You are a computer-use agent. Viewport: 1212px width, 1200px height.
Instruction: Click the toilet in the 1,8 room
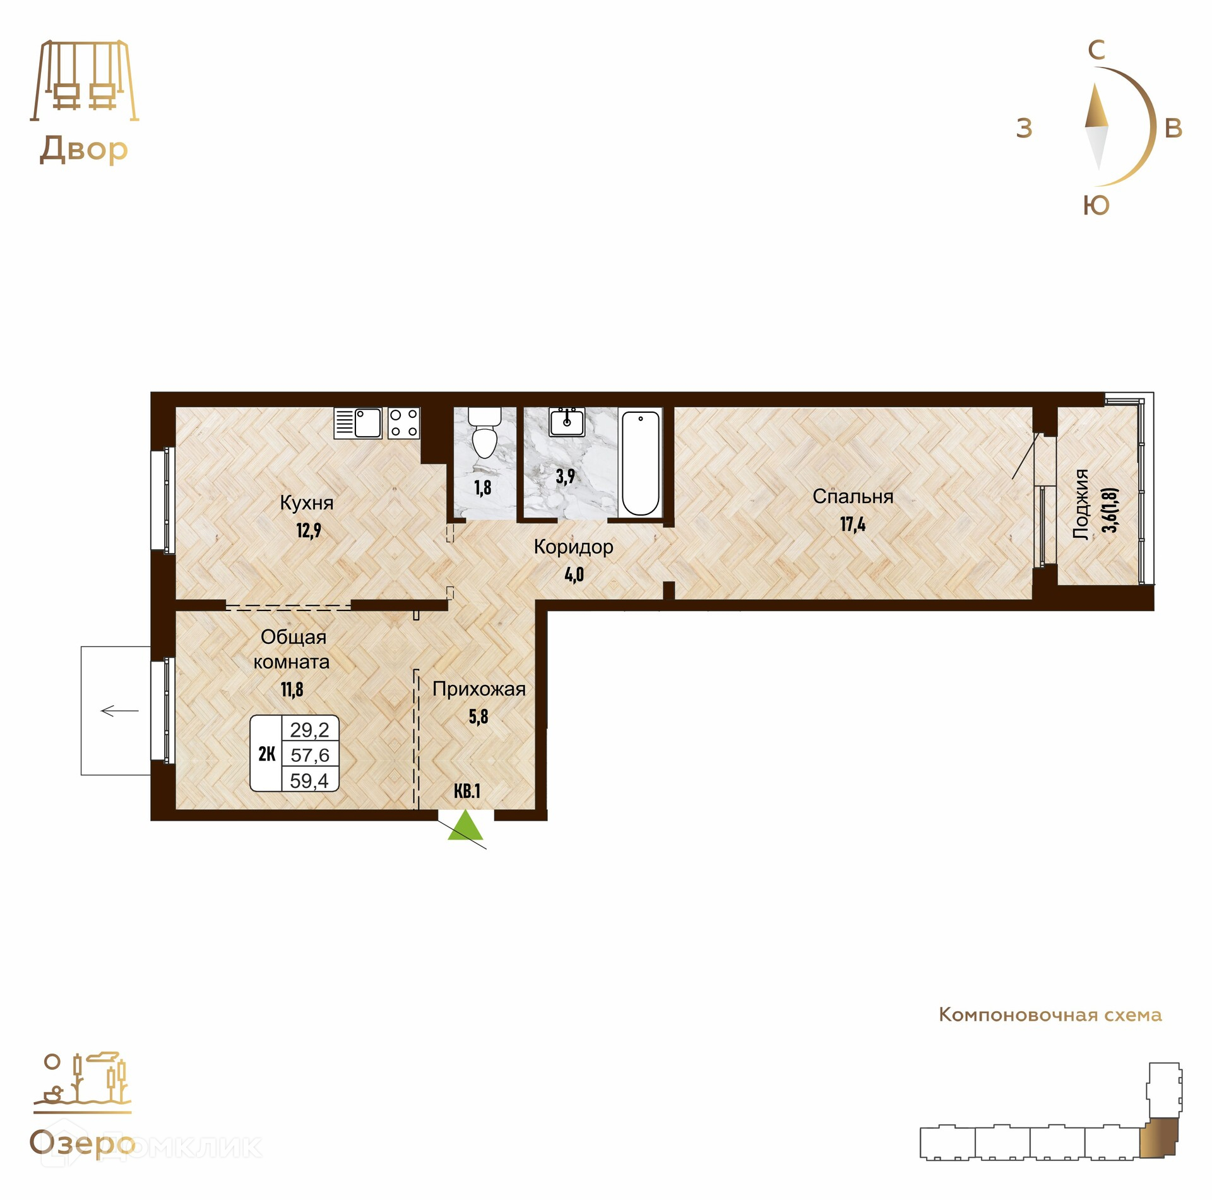(x=485, y=432)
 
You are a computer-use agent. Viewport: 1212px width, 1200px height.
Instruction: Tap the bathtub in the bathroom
(x=640, y=462)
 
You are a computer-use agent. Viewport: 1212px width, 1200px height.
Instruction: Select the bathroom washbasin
(x=566, y=422)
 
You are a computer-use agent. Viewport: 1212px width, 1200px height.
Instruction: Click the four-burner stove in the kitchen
(x=403, y=423)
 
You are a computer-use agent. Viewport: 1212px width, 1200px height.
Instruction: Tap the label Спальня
(x=853, y=497)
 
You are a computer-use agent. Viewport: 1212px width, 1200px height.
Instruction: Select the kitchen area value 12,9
(x=309, y=530)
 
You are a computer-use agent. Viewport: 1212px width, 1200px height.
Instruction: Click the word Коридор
(x=573, y=547)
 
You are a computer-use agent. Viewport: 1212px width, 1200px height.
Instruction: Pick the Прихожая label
(x=479, y=689)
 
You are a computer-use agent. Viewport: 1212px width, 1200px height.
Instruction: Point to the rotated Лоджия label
(x=1082, y=504)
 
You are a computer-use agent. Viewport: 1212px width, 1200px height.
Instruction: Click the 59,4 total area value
(x=309, y=781)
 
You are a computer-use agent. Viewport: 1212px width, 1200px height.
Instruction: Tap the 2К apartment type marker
(x=266, y=754)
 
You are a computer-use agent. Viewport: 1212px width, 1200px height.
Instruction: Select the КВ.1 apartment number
(x=467, y=791)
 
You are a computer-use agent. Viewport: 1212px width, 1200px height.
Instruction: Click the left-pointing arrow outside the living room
(x=119, y=711)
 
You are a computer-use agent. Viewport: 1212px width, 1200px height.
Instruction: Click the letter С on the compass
(x=1096, y=50)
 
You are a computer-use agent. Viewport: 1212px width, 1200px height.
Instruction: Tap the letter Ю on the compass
(x=1096, y=206)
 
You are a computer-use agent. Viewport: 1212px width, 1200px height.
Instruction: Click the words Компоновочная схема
(x=1050, y=1015)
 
